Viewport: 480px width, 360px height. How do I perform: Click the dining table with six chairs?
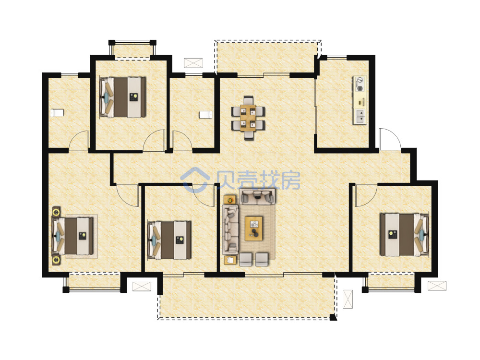pos(248,118)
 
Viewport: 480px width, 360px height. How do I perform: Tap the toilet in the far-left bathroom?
pos(57,113)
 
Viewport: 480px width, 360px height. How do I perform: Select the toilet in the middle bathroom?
pos(205,115)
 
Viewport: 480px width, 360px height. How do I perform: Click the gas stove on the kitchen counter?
pos(360,84)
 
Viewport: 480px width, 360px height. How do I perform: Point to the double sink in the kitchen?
pos(360,116)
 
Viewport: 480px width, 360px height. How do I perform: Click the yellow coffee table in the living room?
pos(254,228)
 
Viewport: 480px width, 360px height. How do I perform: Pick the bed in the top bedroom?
pos(122,97)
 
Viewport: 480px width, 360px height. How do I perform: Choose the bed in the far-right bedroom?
pos(404,235)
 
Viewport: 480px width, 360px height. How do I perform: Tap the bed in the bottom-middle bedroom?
pos(169,240)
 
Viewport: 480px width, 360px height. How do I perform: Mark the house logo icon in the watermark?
pos(195,180)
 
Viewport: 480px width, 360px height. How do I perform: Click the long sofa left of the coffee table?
pos(230,229)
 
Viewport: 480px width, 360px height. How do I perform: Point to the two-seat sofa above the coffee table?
pos(257,196)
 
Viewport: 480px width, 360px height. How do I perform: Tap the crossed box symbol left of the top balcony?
pos(193,62)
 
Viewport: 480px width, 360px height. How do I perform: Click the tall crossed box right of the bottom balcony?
pos(348,299)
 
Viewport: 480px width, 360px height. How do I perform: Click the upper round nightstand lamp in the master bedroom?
pos(56,212)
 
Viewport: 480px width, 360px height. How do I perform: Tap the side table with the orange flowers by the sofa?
pos(229,200)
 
